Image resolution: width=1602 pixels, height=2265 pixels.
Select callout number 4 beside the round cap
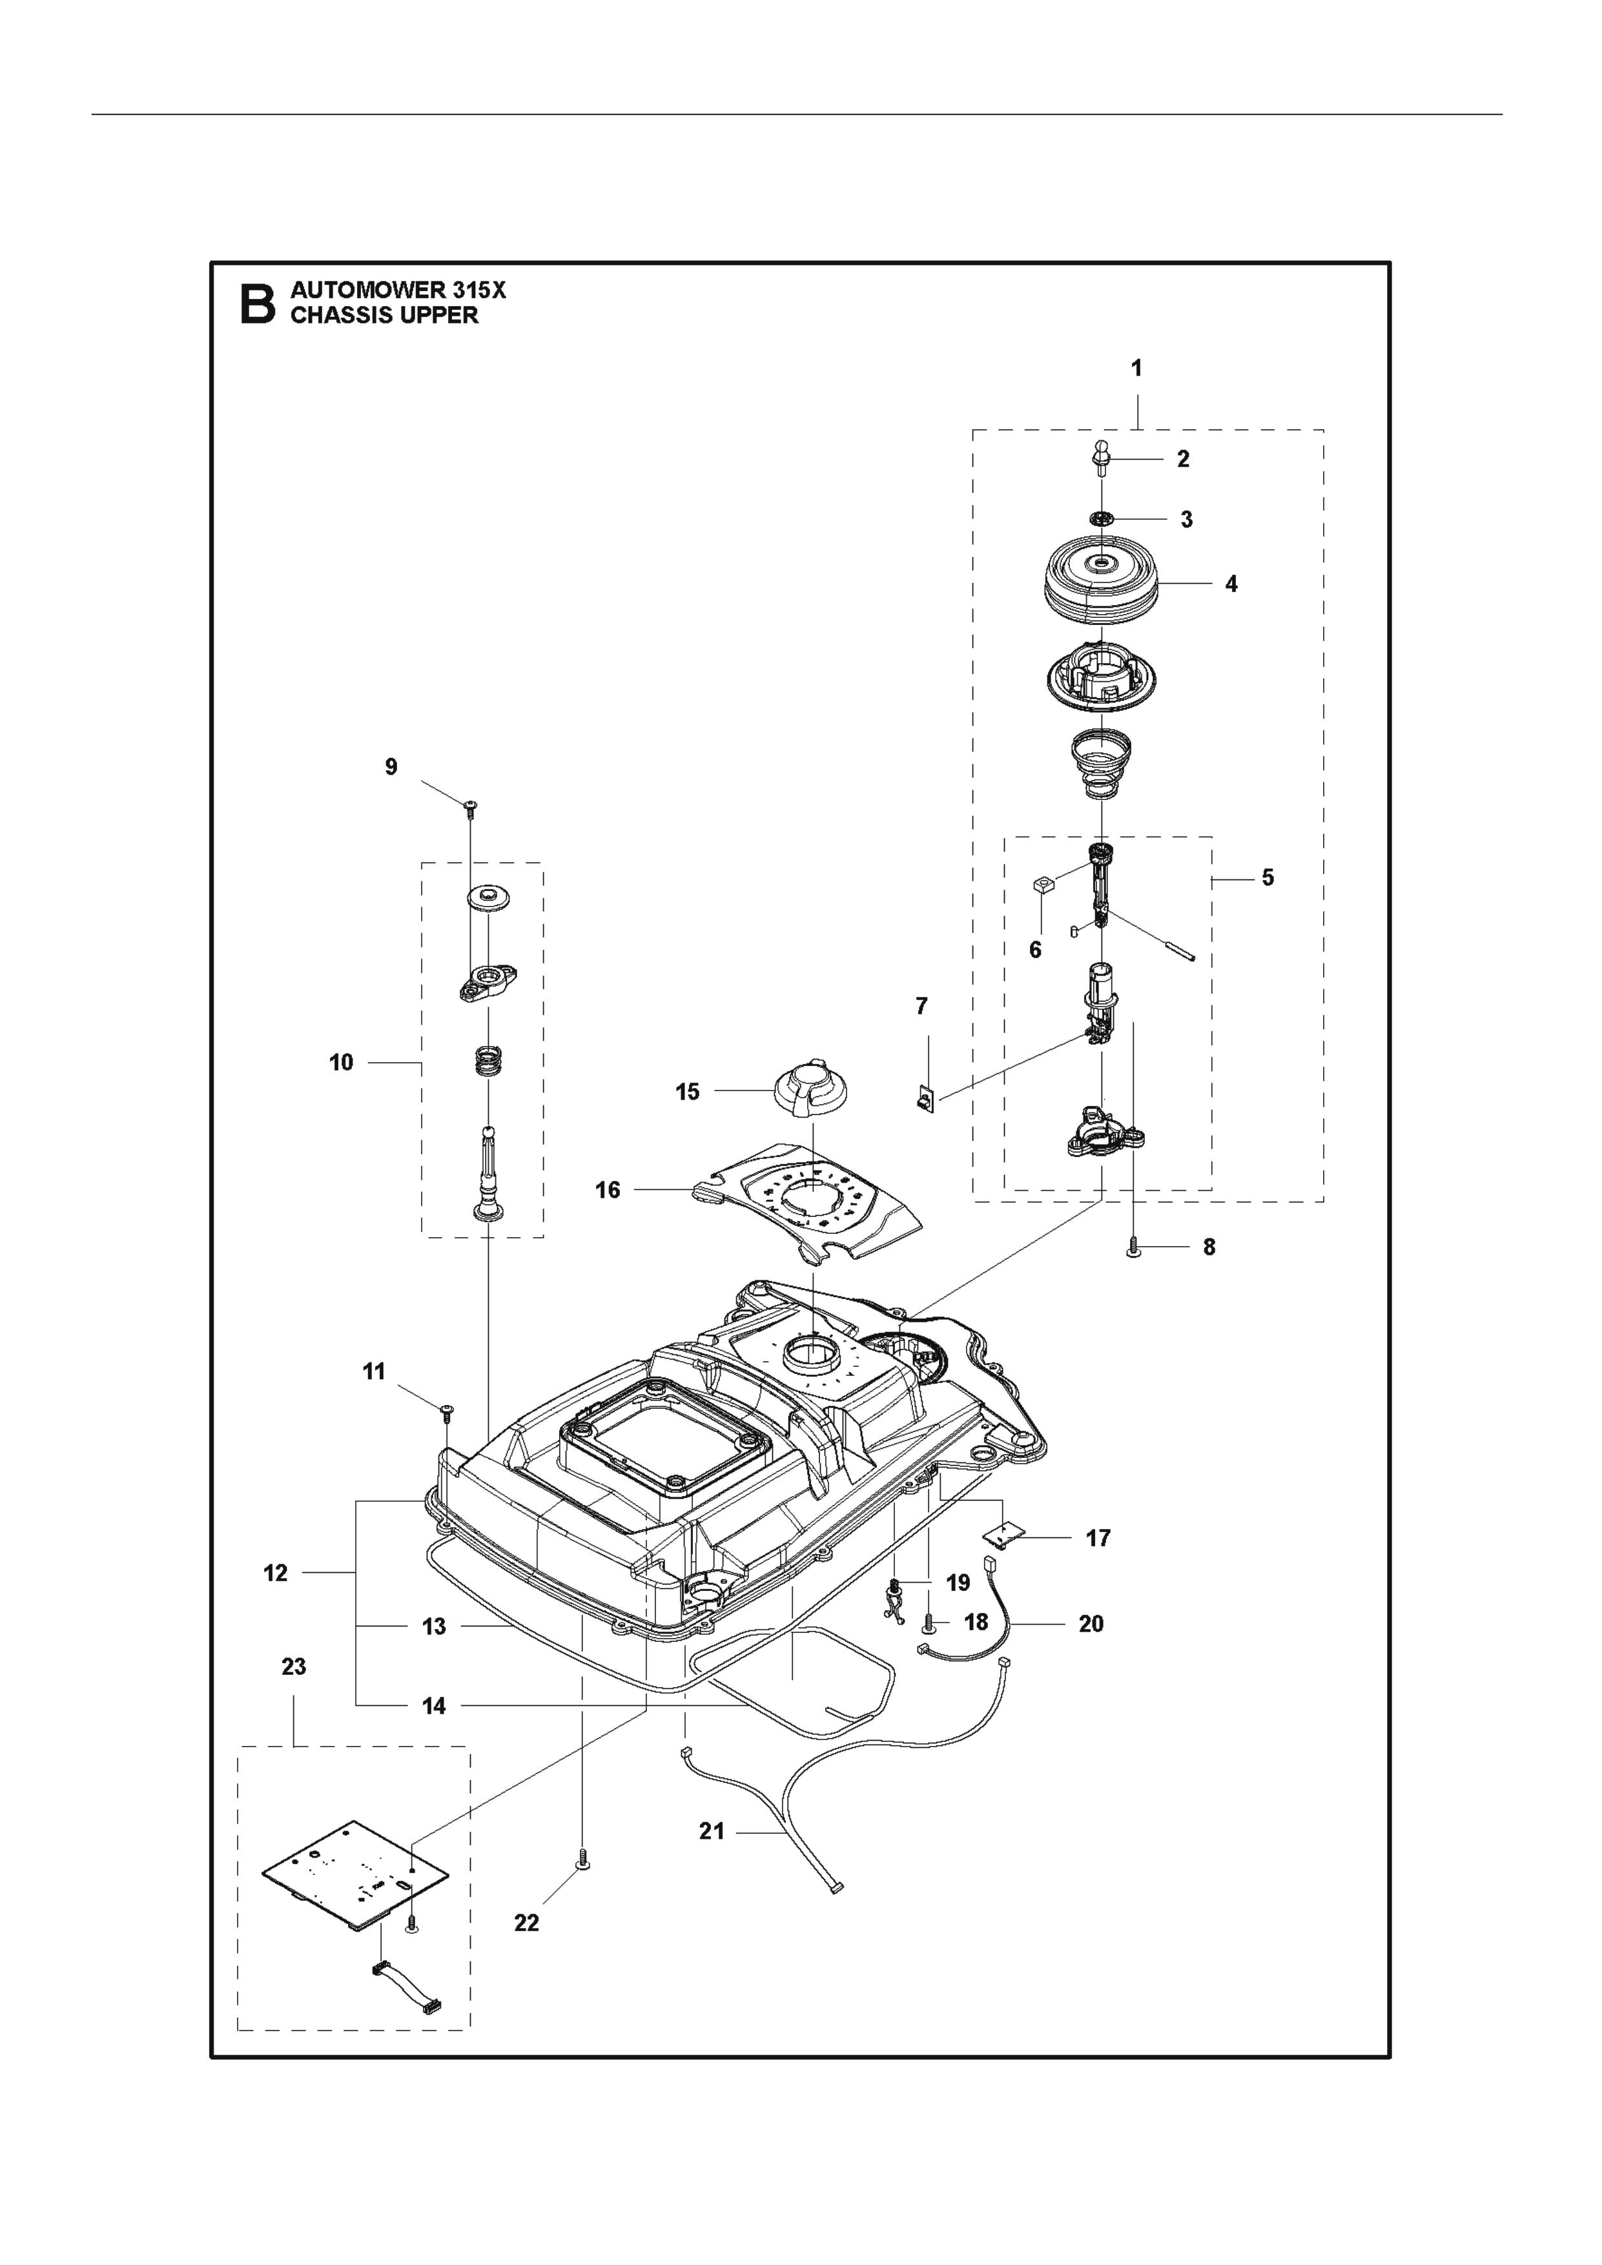[x=1231, y=584]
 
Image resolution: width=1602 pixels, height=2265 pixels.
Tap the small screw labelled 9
[x=469, y=808]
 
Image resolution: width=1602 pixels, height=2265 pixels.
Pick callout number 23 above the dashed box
[x=294, y=1666]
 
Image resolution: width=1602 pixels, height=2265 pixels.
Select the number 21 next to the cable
[x=711, y=1831]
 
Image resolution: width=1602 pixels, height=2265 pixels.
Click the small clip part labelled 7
[x=923, y=1097]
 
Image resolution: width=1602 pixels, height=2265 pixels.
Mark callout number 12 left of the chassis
[x=275, y=1572]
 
